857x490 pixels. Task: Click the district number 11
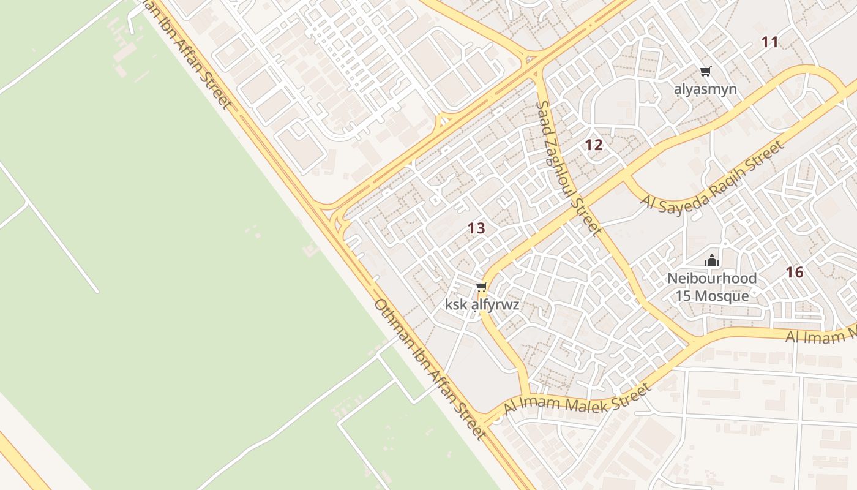point(769,42)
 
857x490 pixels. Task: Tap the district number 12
point(594,145)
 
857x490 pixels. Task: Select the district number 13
point(476,228)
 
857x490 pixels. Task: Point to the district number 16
point(795,273)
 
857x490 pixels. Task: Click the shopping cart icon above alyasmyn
point(706,72)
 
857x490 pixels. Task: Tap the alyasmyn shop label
point(705,89)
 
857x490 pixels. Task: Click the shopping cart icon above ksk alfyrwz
point(481,287)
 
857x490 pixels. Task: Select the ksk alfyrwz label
point(482,304)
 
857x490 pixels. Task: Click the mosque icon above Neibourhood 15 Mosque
point(711,260)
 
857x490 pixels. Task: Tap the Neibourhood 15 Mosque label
point(712,287)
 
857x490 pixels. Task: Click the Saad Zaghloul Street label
point(568,168)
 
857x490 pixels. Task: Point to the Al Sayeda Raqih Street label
point(713,176)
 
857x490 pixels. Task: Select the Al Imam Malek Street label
point(577,399)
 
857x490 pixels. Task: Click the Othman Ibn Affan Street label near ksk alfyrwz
point(430,369)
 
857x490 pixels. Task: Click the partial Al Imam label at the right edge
point(820,335)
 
